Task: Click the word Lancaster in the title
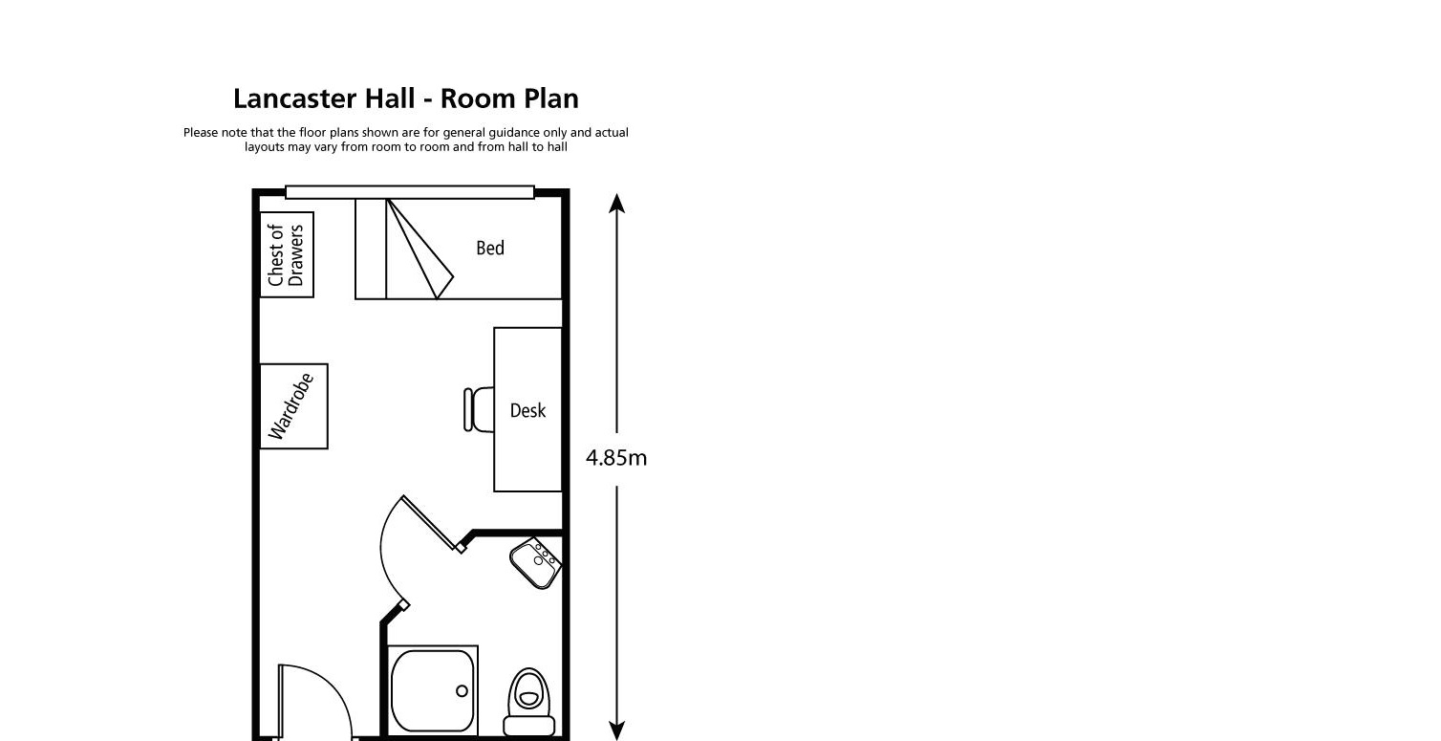(x=295, y=99)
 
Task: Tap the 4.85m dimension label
(x=616, y=458)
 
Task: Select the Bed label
(x=490, y=249)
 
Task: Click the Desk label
(x=527, y=410)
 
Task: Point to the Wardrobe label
(x=292, y=406)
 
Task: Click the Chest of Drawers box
(x=287, y=255)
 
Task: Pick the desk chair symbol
(x=478, y=409)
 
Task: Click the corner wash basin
(x=537, y=562)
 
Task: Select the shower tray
(x=433, y=690)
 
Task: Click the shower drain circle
(x=462, y=690)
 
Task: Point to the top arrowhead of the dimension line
(x=617, y=203)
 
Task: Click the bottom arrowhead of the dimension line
(x=617, y=730)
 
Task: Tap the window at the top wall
(x=409, y=192)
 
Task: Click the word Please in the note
(x=200, y=133)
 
